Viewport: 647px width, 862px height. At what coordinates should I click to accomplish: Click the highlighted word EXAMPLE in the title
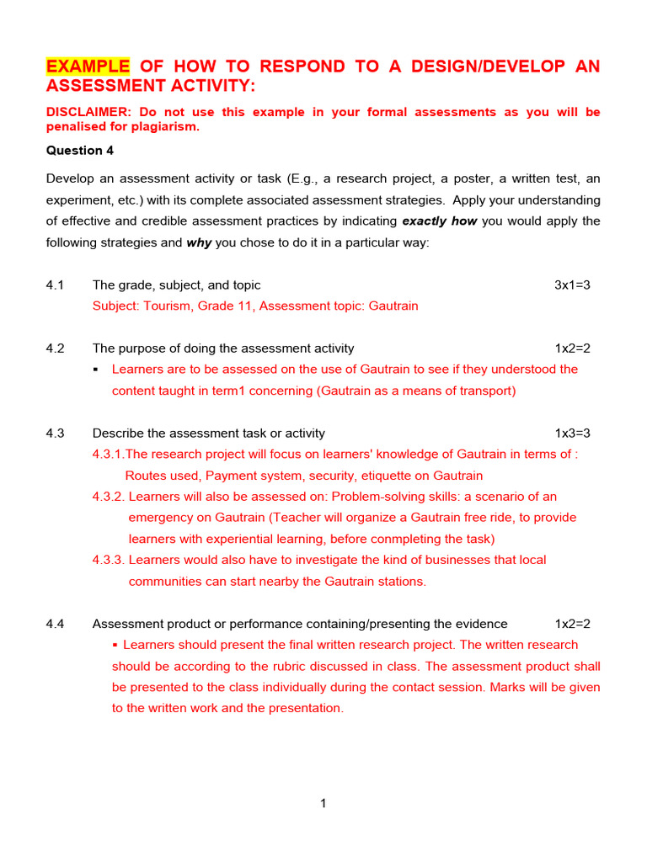88,67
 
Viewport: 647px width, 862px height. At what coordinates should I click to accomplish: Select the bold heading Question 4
79,151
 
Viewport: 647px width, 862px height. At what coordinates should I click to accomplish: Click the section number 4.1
56,285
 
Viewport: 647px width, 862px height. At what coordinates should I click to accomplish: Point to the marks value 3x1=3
572,285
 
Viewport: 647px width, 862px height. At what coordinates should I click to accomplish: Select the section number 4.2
56,349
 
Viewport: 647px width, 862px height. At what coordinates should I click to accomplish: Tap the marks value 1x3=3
572,434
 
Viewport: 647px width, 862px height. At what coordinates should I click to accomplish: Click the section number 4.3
56,434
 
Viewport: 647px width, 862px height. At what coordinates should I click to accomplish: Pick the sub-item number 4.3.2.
109,497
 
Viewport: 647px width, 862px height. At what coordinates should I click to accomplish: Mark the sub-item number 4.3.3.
109,560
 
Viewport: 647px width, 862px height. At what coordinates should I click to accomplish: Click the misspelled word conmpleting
407,539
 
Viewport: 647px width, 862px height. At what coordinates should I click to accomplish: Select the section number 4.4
56,624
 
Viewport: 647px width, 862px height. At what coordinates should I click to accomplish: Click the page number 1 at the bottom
323,804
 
